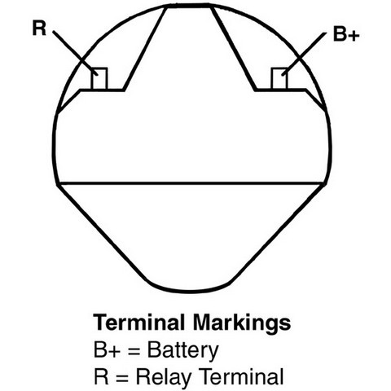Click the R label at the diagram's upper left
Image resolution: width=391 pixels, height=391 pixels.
click(x=39, y=29)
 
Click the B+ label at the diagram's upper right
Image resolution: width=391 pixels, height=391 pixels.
click(x=346, y=34)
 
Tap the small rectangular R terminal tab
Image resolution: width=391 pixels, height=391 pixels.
click(x=99, y=78)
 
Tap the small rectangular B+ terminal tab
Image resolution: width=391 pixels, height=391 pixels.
click(x=279, y=79)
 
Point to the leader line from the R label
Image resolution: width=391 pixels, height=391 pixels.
click(x=75, y=53)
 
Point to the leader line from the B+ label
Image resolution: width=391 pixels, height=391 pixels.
click(x=304, y=54)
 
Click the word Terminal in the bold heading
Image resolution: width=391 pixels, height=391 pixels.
click(x=138, y=323)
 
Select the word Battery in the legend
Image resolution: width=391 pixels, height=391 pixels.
click(x=182, y=350)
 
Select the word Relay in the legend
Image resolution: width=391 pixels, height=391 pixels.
click(x=163, y=377)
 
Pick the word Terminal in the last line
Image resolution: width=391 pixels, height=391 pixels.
click(x=241, y=376)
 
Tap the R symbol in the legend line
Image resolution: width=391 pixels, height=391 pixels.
click(x=101, y=376)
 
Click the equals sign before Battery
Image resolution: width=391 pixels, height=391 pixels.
click(x=134, y=351)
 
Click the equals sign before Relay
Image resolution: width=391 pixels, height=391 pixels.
click(x=121, y=378)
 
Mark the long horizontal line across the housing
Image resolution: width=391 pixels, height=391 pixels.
click(x=191, y=184)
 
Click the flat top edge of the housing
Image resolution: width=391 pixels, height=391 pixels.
click(x=188, y=6)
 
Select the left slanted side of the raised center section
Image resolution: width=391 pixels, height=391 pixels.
click(x=145, y=48)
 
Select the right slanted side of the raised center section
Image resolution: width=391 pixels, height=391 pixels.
click(x=234, y=48)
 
